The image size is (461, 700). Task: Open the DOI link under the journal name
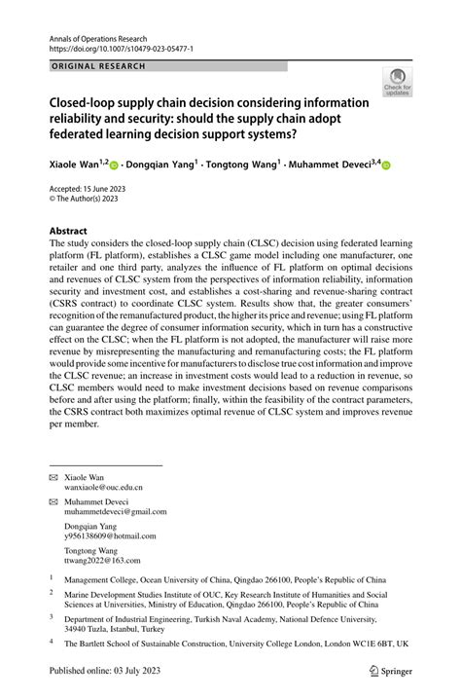click(x=123, y=47)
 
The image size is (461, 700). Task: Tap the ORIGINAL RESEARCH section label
click(x=96, y=66)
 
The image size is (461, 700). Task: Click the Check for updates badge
click(x=397, y=84)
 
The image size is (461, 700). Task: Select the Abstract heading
click(x=74, y=232)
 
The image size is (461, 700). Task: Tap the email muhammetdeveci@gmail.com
click(x=115, y=512)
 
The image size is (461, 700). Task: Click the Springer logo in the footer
click(x=390, y=671)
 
